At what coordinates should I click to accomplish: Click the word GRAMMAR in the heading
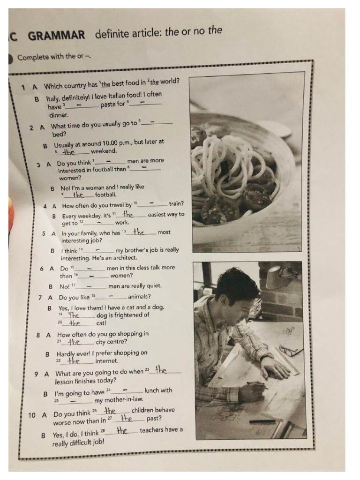click(x=57, y=36)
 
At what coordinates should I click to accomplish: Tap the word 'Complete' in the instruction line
click(x=32, y=58)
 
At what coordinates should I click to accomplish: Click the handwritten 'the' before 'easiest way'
click(x=127, y=215)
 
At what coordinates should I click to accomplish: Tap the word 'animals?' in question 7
click(x=139, y=296)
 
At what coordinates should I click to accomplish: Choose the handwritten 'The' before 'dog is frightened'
click(x=74, y=315)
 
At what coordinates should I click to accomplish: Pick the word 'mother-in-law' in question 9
click(x=119, y=400)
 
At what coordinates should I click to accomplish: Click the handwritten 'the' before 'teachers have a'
click(x=122, y=430)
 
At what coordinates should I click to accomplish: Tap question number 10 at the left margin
click(x=32, y=415)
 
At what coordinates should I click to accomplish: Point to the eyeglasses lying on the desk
click(x=291, y=350)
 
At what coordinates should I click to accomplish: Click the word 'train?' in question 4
click(x=176, y=204)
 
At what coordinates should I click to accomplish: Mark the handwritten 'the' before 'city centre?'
click(x=75, y=342)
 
